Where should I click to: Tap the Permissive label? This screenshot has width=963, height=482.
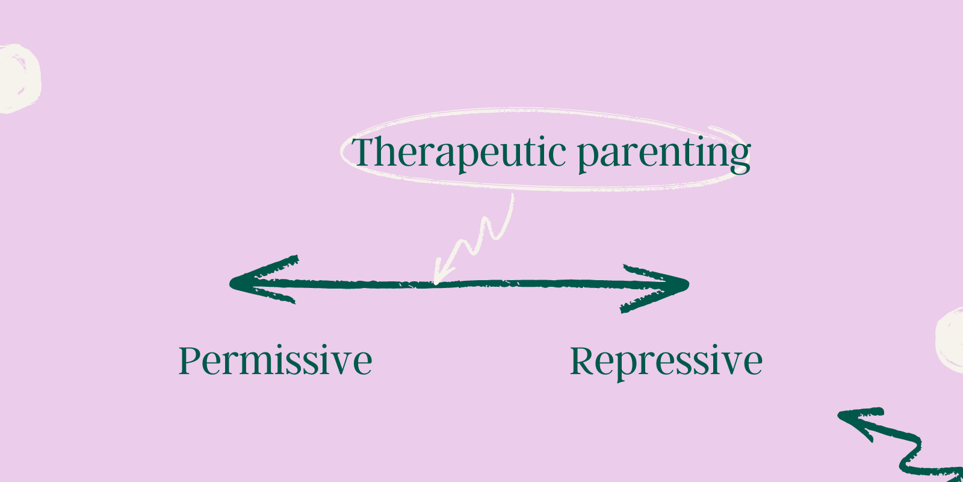pyautogui.click(x=275, y=361)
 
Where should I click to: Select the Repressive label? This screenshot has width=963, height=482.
pyautogui.click(x=666, y=361)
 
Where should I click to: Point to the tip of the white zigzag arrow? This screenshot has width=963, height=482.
pyautogui.click(x=436, y=280)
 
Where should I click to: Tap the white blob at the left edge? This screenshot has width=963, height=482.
pyautogui.click(x=18, y=78)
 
